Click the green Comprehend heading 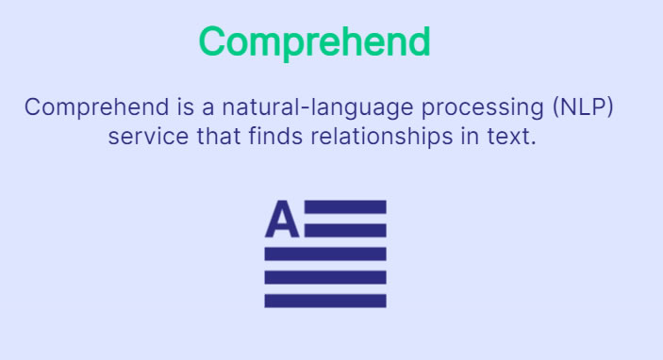315,42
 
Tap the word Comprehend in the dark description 97,107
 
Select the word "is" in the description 186,106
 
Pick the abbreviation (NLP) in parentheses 583,107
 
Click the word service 148,137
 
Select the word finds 275,136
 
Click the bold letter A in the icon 282,219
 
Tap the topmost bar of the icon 345,207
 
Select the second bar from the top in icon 345,230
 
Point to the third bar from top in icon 325,254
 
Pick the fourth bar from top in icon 325,277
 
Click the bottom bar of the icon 325,301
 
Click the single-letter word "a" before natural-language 207,108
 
